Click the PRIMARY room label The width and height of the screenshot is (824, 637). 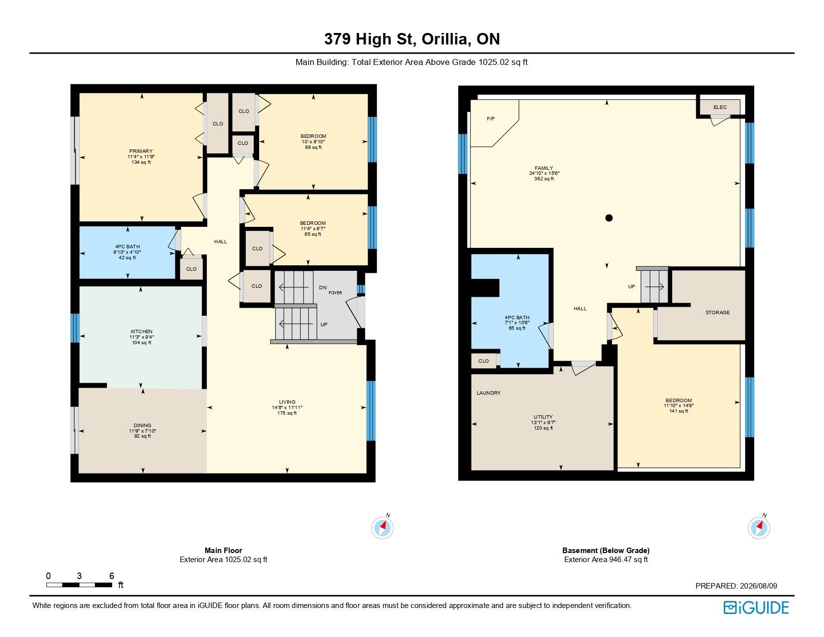141,151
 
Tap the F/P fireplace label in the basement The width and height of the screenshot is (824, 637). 491,119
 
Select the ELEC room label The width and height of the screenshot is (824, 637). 720,107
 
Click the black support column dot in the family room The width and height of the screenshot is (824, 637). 609,218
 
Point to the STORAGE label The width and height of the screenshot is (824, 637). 718,313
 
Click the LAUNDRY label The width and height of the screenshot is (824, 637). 489,393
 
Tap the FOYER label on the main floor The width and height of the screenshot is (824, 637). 335,293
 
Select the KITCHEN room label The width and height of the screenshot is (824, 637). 141,332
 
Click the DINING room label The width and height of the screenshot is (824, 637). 143,426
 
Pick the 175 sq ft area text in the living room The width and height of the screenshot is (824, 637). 287,413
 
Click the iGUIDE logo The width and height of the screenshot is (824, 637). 756,608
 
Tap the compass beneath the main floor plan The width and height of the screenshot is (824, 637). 383,528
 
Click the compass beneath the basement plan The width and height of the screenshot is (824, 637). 759,528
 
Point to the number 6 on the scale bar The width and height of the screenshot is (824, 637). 111,576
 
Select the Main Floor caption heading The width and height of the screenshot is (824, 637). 223,551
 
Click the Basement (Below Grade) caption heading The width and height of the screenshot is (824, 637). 606,551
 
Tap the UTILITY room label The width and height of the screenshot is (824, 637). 543,417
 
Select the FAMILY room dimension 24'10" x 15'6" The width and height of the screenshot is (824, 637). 544,173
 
